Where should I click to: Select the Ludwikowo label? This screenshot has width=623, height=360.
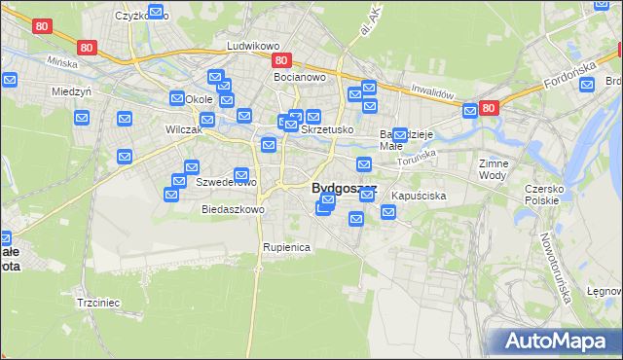point(253,46)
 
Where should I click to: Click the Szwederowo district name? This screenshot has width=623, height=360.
point(226,182)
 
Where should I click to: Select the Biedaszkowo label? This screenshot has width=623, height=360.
point(233,209)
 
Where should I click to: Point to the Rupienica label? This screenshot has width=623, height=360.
point(286,247)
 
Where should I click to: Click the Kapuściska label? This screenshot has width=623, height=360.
point(419,196)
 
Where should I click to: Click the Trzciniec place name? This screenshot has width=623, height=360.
point(97,303)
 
